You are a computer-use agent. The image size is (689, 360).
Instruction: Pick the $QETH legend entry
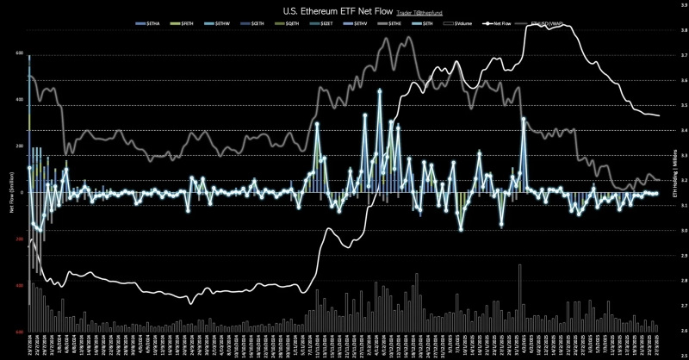tap(295, 27)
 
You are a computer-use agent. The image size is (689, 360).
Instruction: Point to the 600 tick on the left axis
tap(18, 53)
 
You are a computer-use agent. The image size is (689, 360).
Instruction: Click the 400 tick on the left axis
tap(18, 100)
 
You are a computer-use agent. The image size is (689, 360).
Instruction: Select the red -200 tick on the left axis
tap(18, 239)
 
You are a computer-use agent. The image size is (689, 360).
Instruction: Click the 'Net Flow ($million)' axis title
tap(11, 193)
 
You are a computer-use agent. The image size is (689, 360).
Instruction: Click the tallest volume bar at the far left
tap(28, 284)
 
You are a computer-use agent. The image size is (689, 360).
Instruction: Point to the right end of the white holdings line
tap(659, 115)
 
